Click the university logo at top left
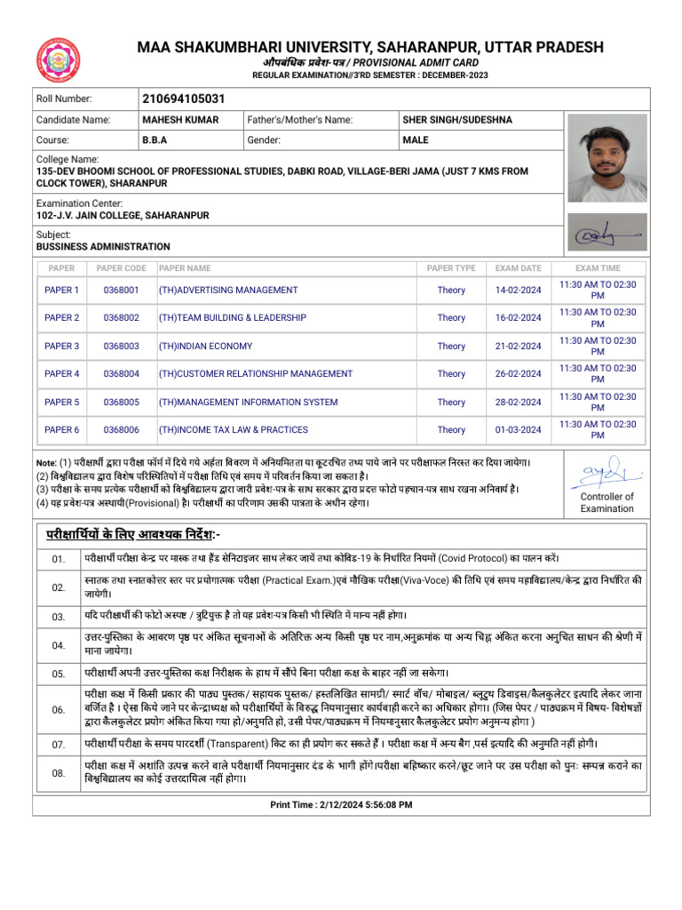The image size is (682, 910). coord(59,60)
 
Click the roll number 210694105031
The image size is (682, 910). coord(183,99)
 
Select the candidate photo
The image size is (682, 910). coord(607,156)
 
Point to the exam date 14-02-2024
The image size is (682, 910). coord(518,290)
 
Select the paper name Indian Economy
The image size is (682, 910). coord(205,346)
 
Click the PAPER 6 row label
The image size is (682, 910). coord(62,430)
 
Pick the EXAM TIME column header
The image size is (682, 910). coord(598,268)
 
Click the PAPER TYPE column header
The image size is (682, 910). coord(451,268)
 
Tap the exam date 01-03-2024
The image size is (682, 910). coord(518,430)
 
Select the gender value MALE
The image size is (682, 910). coord(416,140)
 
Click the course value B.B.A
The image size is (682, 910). coord(155,140)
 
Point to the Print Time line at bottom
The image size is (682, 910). coord(341,804)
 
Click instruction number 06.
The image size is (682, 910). coord(59,709)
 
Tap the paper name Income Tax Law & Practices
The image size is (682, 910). coord(233,430)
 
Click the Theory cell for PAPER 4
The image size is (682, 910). coord(451,374)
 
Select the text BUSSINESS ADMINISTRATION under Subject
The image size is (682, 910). coord(103,246)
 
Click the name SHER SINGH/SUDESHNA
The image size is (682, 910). coord(456,120)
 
